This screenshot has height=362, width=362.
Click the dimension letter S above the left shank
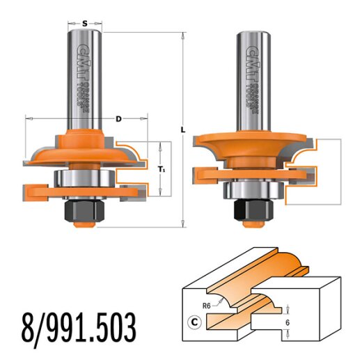(x=85, y=23)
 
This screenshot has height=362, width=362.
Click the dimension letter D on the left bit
(x=119, y=119)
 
